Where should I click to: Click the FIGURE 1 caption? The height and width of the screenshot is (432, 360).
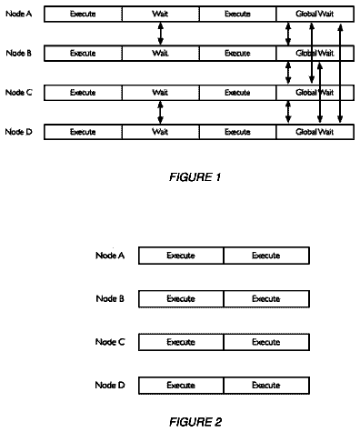coord(195,177)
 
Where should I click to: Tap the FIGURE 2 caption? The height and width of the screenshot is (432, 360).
coord(195,422)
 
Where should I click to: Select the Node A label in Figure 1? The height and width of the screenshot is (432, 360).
coord(19,14)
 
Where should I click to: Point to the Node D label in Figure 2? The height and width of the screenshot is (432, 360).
coord(110,385)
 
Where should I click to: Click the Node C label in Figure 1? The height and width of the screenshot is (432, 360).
coord(19,92)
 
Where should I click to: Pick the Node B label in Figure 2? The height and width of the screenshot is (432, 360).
coord(110,298)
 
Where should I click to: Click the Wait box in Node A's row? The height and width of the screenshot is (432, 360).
coord(161,14)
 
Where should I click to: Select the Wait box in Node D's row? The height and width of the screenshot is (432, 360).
coord(161,132)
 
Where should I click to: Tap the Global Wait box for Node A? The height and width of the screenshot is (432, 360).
coord(315,14)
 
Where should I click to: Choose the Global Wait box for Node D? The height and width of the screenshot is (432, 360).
coord(315,132)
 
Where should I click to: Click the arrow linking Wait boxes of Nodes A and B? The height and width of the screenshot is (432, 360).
coord(161,34)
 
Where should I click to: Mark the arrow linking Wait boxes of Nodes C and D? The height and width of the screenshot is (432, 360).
coord(161,113)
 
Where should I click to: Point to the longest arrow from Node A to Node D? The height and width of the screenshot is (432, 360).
coord(340,73)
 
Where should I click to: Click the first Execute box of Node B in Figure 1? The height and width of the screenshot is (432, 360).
coord(83,54)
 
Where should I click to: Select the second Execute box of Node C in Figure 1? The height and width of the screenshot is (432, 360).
coord(238,93)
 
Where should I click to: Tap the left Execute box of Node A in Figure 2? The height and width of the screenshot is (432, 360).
coord(181,256)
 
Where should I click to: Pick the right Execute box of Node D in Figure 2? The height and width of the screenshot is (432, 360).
coord(266,386)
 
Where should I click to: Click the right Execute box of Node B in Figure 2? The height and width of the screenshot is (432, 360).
coord(266,299)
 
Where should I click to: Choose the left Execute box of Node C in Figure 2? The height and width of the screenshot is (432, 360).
coord(181,342)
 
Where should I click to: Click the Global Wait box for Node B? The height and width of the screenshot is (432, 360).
coord(315,54)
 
